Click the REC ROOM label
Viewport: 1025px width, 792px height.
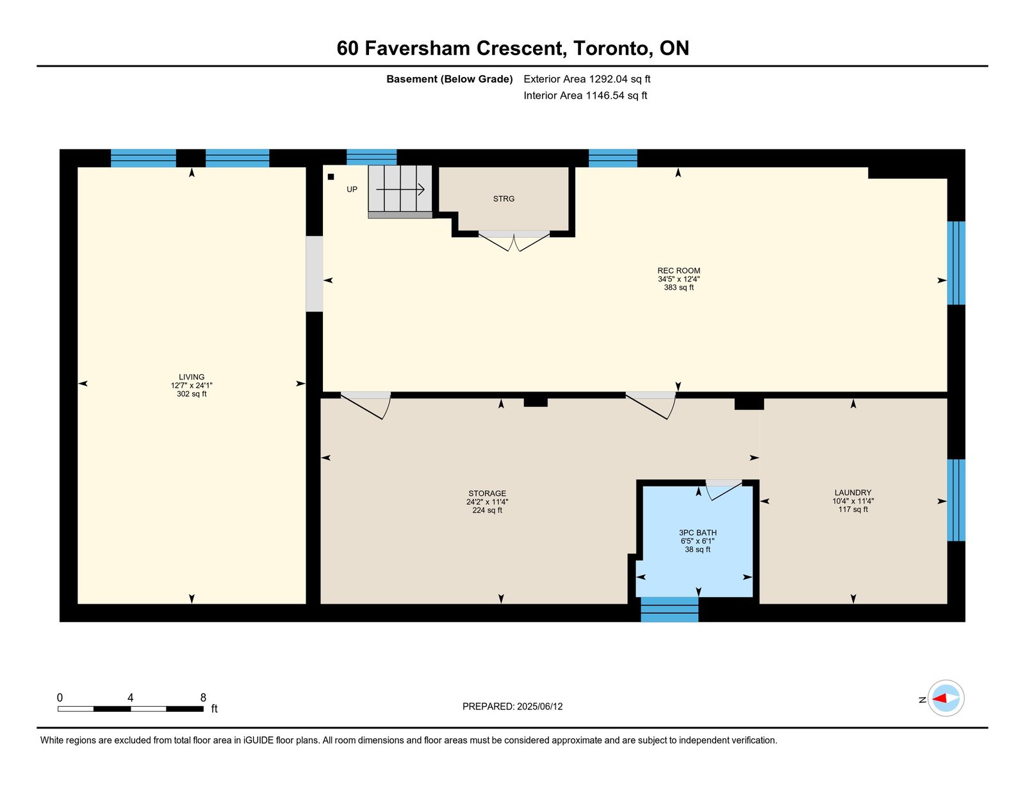(x=678, y=271)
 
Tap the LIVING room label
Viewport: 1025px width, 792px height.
(x=192, y=377)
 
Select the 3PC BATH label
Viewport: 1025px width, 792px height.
(x=698, y=532)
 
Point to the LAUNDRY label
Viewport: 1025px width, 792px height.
(x=853, y=493)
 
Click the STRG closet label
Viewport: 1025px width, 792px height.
(x=504, y=199)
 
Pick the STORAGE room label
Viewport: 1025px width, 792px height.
(x=488, y=493)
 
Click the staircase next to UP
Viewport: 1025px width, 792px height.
(x=400, y=192)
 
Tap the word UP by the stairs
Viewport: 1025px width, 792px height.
(x=352, y=189)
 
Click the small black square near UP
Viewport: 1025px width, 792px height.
(x=331, y=177)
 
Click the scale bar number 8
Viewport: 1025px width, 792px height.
(x=203, y=698)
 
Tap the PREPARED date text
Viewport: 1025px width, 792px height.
(x=512, y=707)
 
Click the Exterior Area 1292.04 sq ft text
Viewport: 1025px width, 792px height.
(x=587, y=79)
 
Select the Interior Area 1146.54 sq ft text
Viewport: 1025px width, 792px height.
(x=586, y=95)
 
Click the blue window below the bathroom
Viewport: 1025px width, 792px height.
(x=669, y=609)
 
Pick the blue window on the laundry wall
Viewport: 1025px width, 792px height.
(x=956, y=500)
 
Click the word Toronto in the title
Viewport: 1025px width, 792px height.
(x=611, y=49)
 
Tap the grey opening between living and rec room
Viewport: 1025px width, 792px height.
(x=314, y=274)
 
